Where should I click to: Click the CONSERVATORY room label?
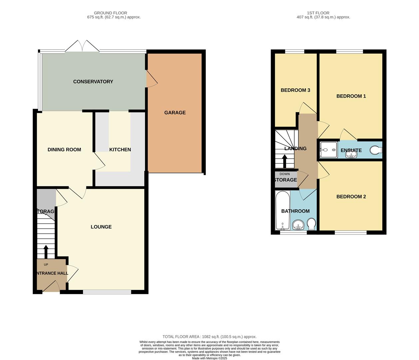point(93,82)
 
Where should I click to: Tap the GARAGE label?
point(175,113)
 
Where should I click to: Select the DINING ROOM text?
point(64,150)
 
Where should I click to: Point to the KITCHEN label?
point(120,150)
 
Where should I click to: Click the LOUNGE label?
point(101,227)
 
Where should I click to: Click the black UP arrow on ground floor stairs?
point(46,252)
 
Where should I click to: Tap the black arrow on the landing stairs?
point(285,161)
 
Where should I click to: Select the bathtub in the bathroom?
point(283,210)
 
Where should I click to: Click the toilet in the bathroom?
point(311,224)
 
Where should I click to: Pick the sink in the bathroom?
point(298,226)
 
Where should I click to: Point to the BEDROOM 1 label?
point(351,96)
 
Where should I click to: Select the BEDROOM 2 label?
point(351,197)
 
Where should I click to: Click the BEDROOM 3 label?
point(295,90)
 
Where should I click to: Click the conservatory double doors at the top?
point(82,46)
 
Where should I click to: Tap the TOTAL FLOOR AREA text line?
point(209,337)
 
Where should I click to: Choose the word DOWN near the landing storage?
point(285,174)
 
